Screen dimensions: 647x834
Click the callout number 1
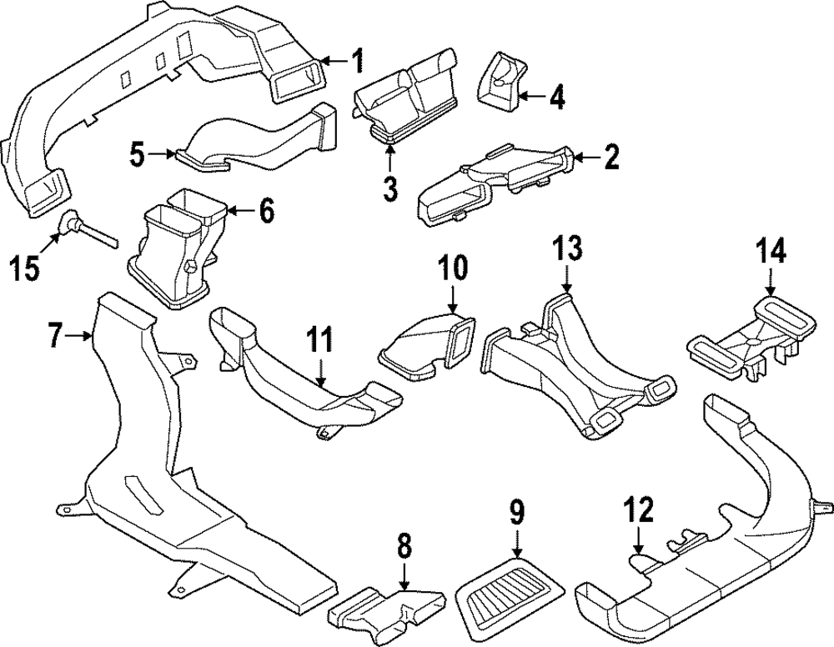pyautogui.click(x=357, y=61)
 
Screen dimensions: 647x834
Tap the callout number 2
pyautogui.click(x=611, y=156)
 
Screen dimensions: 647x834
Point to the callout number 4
pyautogui.click(x=556, y=98)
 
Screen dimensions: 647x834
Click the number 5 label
pyautogui.click(x=138, y=153)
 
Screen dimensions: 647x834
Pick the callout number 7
pyautogui.click(x=56, y=337)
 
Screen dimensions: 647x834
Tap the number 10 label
pyautogui.click(x=455, y=268)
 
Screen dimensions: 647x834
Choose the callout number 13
pyautogui.click(x=567, y=248)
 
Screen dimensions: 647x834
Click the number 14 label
pyautogui.click(x=771, y=249)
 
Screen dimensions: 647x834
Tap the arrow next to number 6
pyautogui.click(x=235, y=211)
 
